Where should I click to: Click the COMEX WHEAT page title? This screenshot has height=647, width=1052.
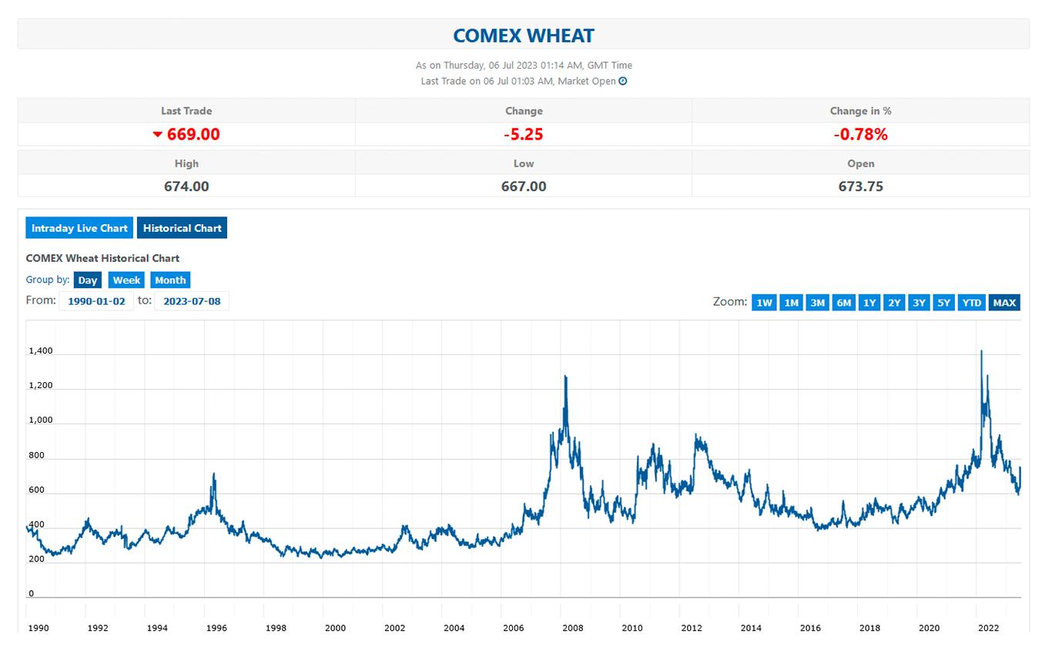click(x=524, y=35)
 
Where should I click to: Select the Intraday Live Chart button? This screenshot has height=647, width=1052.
click(x=79, y=228)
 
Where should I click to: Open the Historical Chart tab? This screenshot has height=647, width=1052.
click(x=183, y=228)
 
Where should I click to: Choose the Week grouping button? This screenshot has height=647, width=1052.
click(x=126, y=280)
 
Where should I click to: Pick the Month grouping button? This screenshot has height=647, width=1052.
click(x=170, y=280)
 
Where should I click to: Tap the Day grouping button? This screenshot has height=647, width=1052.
click(x=88, y=280)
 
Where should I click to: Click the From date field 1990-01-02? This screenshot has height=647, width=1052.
click(x=96, y=301)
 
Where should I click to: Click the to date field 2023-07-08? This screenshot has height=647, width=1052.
click(x=192, y=301)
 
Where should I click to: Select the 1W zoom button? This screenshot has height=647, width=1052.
click(x=764, y=303)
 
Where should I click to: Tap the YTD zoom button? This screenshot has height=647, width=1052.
click(x=972, y=303)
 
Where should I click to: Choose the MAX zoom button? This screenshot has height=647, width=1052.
click(x=1004, y=303)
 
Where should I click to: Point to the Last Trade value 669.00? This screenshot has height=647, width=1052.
click(x=193, y=134)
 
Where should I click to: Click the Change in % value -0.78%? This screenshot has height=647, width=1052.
click(x=860, y=134)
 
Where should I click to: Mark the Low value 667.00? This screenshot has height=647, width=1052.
click(x=524, y=186)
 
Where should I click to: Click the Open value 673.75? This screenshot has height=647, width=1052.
click(x=860, y=186)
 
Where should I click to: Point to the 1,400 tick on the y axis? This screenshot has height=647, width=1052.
click(x=41, y=351)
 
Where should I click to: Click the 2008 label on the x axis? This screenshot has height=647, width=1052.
click(x=573, y=628)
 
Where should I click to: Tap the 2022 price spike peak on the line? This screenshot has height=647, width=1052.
click(x=981, y=351)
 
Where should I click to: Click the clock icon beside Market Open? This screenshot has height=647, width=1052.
click(x=623, y=81)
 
